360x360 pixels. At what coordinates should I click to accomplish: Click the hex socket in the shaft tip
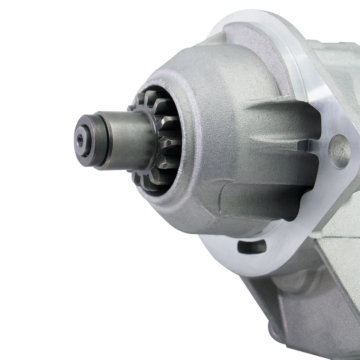[81, 140]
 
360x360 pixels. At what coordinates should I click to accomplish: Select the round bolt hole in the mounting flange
[339, 151]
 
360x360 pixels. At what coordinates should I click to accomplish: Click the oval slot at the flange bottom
[252, 246]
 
